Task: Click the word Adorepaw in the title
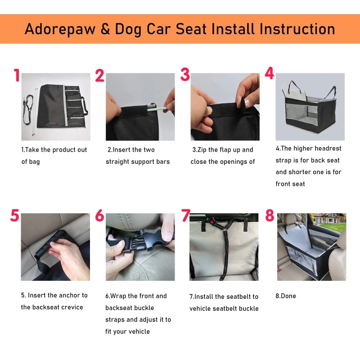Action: tap(60, 29)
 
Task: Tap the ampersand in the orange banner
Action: tap(105, 29)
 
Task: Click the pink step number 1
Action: tap(17, 75)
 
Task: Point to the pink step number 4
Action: tap(269, 73)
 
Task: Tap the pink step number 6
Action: tap(99, 216)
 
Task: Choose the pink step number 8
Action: tap(270, 215)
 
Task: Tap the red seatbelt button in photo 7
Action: tap(211, 222)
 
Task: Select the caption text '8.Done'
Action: tap(286, 296)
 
